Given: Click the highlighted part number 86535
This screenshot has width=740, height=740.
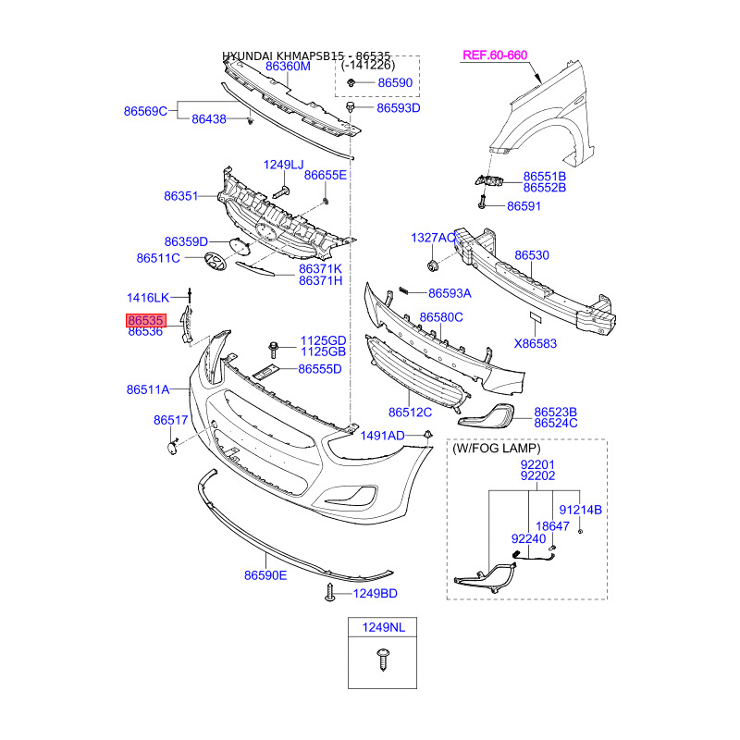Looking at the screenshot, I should [x=146, y=320].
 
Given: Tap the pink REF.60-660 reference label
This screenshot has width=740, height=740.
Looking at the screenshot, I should [x=494, y=55].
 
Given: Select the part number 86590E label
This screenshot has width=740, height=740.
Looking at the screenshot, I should [x=265, y=575].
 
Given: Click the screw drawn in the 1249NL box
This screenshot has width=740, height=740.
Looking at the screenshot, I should [x=382, y=660].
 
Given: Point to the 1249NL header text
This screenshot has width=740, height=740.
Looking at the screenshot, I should [x=382, y=628].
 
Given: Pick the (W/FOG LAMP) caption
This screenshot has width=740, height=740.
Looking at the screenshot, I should [x=497, y=449].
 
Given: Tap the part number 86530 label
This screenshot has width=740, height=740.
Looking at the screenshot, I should [x=532, y=254].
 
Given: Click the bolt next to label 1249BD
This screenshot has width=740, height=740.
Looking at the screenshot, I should [x=330, y=592].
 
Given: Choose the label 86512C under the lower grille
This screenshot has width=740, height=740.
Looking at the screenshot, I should [x=410, y=413].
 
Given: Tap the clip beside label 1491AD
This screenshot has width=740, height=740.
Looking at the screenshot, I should [x=427, y=434].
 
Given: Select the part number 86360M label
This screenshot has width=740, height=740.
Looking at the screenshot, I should [x=288, y=67].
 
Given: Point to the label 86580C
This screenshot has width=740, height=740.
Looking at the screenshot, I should [x=441, y=317].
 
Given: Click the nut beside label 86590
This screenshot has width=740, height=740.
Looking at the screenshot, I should [x=354, y=84].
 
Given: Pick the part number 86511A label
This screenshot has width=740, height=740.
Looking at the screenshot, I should [x=148, y=390].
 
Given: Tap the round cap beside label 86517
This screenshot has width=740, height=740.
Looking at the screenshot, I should [x=173, y=448].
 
